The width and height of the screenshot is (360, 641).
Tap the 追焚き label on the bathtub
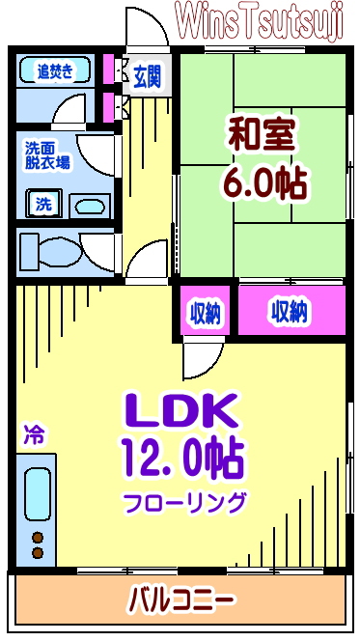pyautogui.click(x=54, y=70)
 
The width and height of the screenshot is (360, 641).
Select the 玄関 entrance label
pyautogui.click(x=148, y=74)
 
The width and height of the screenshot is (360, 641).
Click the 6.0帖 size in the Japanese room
pyautogui.click(x=263, y=182)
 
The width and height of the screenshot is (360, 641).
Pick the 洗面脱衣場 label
pyautogui.click(x=45, y=156)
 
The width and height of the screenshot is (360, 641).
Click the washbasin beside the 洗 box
pyautogui.click(x=90, y=205)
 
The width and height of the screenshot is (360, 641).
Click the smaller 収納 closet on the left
pyautogui.click(x=205, y=312)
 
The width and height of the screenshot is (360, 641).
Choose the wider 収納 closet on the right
pyautogui.click(x=290, y=312)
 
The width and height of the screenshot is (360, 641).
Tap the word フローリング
pyautogui.click(x=183, y=502)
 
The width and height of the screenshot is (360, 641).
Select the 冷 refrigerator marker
pyautogui.click(x=33, y=434)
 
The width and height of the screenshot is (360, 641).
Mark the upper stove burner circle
pyautogui.click(x=39, y=537)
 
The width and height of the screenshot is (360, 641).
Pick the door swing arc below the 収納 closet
pyautogui.click(x=200, y=359)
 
